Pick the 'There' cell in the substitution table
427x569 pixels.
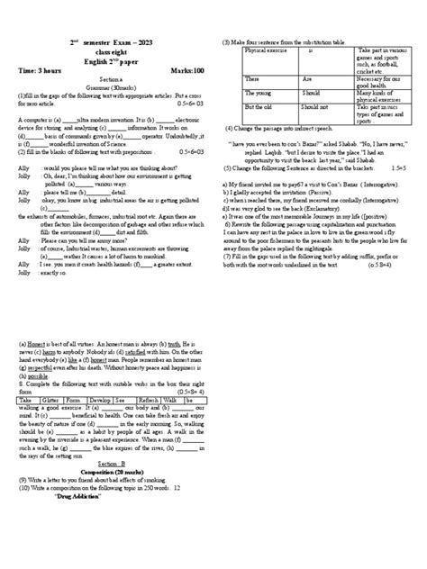tap(251, 78)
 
